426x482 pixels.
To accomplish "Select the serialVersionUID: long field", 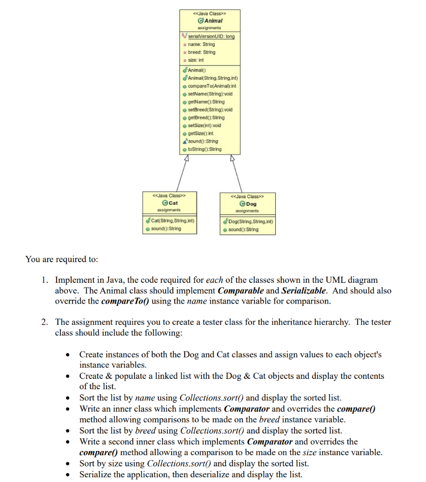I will point(211,36).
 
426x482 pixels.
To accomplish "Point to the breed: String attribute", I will point(201,52).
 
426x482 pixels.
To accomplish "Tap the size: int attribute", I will point(196,60).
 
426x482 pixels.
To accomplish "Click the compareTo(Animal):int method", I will point(212,86).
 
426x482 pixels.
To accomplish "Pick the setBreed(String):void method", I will point(210,110).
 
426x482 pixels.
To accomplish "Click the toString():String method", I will point(204,149).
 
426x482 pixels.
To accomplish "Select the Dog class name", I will point(251,204).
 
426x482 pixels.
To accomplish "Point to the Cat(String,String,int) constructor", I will point(172,221).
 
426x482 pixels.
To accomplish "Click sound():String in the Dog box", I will point(243,229).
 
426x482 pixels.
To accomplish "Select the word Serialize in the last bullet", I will point(96,474).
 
